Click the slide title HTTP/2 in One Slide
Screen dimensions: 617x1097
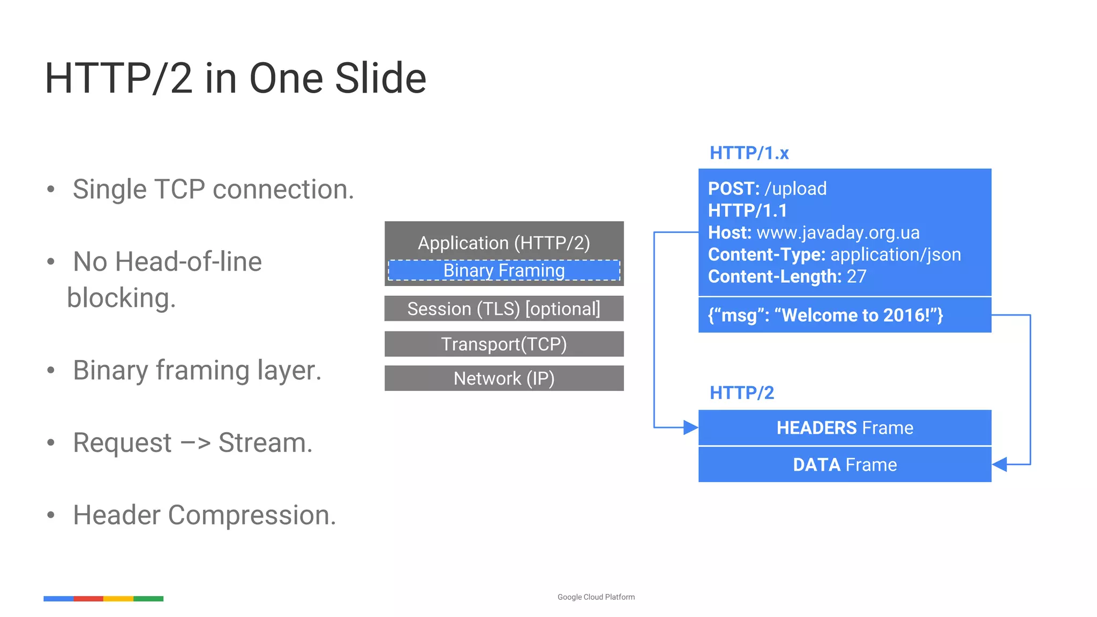(235, 79)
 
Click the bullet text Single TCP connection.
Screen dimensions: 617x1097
(213, 190)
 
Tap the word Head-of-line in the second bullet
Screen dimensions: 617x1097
(188, 262)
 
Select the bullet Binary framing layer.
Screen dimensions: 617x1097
(197, 371)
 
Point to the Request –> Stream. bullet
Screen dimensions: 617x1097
(192, 443)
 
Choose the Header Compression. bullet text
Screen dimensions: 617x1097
(204, 515)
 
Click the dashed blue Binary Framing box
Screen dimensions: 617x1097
(504, 270)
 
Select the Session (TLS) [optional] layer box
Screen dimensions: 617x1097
(504, 309)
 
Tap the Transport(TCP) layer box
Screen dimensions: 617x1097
(504, 344)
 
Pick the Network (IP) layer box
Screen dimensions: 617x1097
(504, 379)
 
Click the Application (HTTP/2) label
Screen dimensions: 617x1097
(504, 243)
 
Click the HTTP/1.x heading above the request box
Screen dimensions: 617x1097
(749, 153)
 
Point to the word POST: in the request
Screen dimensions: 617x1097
(733, 189)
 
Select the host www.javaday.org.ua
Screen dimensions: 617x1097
(838, 233)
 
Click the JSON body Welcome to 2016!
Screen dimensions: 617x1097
(825, 315)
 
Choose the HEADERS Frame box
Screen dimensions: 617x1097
(845, 428)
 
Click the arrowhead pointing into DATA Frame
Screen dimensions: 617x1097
(1000, 464)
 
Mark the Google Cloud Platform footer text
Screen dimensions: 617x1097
(596, 597)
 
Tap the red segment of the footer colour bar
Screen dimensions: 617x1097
(88, 599)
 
